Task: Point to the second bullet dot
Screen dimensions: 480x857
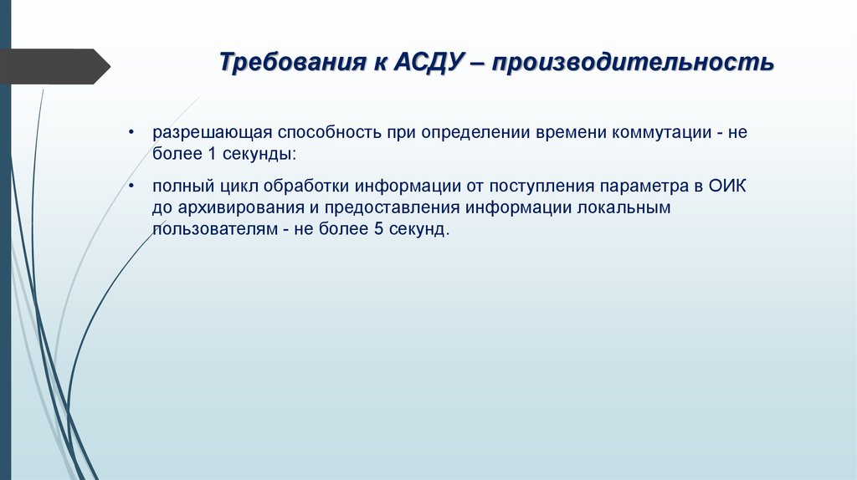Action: coord(131,186)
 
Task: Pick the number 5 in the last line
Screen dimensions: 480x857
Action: coord(378,228)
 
